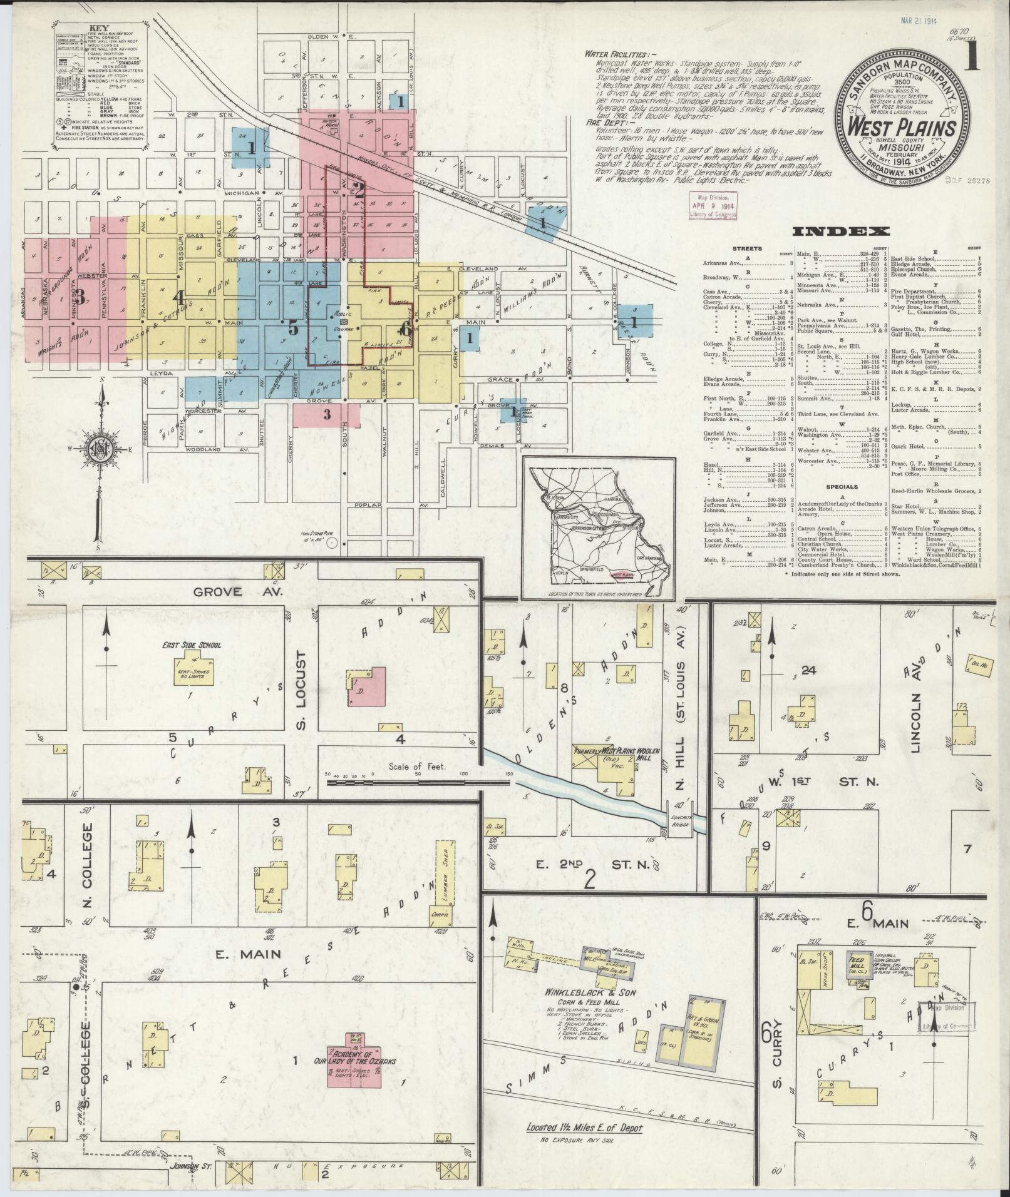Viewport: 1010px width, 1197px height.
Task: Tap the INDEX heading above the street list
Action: click(x=840, y=232)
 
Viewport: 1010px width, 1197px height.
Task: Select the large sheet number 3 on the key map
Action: click(x=80, y=292)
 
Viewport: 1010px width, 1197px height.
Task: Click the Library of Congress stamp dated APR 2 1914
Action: click(x=713, y=205)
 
